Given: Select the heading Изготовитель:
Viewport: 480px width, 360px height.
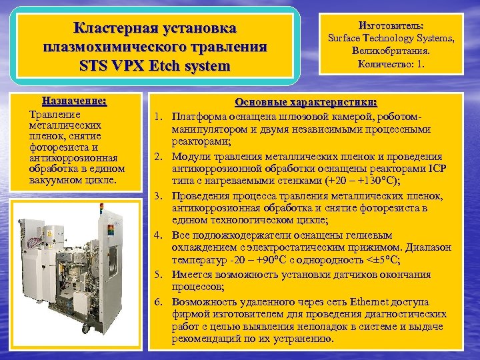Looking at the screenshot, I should (x=389, y=24).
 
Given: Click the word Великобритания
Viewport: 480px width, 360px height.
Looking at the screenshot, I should (x=389, y=51).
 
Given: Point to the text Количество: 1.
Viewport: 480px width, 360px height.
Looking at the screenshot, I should (x=389, y=65).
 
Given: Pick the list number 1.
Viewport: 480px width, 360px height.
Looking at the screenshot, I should (x=159, y=116).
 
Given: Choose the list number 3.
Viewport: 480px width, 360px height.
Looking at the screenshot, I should (x=159, y=196).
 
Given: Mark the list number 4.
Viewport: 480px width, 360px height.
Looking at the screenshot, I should (x=159, y=235).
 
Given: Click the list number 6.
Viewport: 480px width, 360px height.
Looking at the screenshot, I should (x=159, y=300).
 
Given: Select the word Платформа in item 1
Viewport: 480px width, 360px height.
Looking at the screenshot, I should (x=197, y=116).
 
